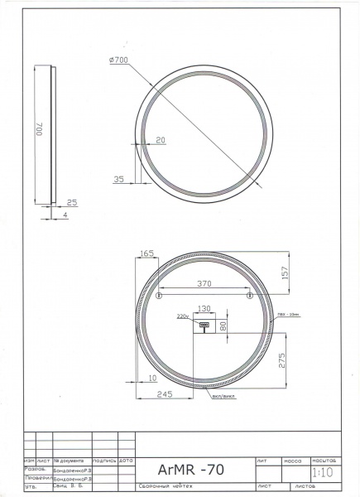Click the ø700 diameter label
[118, 60]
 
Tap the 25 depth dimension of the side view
[71, 202]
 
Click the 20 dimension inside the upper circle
[160, 140]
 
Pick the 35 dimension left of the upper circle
[118, 179]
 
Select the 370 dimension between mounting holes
[204, 283]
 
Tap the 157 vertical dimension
[286, 273]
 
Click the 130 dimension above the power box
[204, 309]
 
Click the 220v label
[183, 316]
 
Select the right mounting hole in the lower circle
[249, 295]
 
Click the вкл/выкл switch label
[223, 396]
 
